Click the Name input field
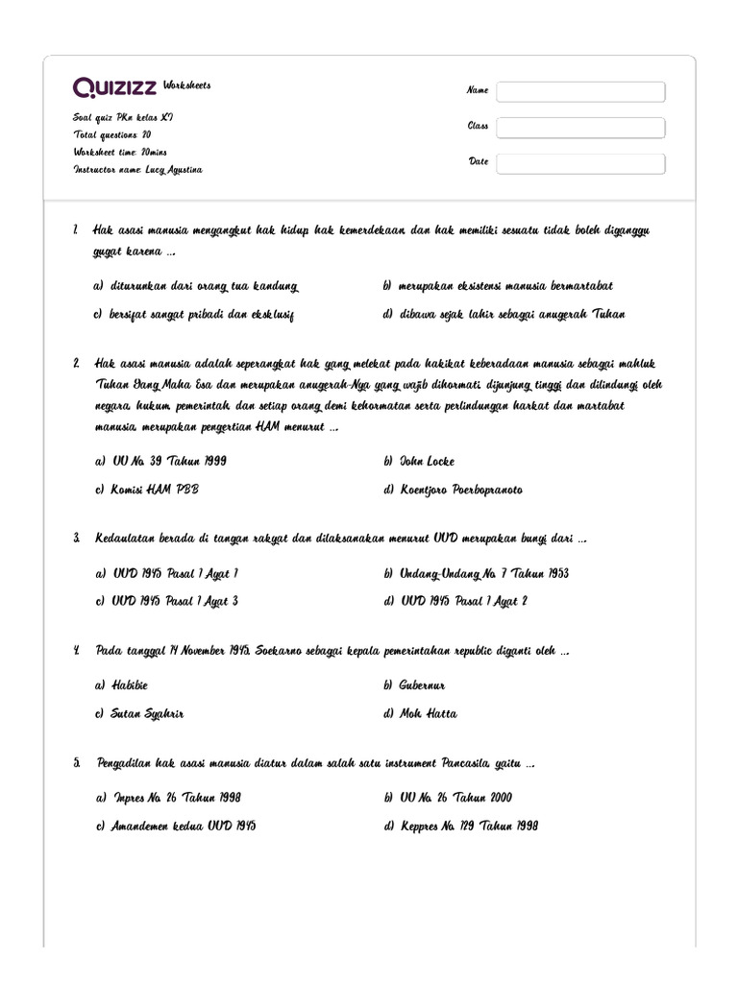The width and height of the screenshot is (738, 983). click(580, 91)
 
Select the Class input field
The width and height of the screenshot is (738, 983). click(580, 128)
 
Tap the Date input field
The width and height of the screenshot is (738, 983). click(580, 163)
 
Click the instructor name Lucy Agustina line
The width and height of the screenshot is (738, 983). click(137, 169)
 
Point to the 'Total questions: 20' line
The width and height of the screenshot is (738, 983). click(111, 135)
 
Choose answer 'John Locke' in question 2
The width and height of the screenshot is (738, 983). click(427, 461)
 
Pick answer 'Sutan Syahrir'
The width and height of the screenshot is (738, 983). click(147, 713)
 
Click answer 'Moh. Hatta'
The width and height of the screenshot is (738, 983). click(428, 713)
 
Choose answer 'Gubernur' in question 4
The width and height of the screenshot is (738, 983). click(422, 685)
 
